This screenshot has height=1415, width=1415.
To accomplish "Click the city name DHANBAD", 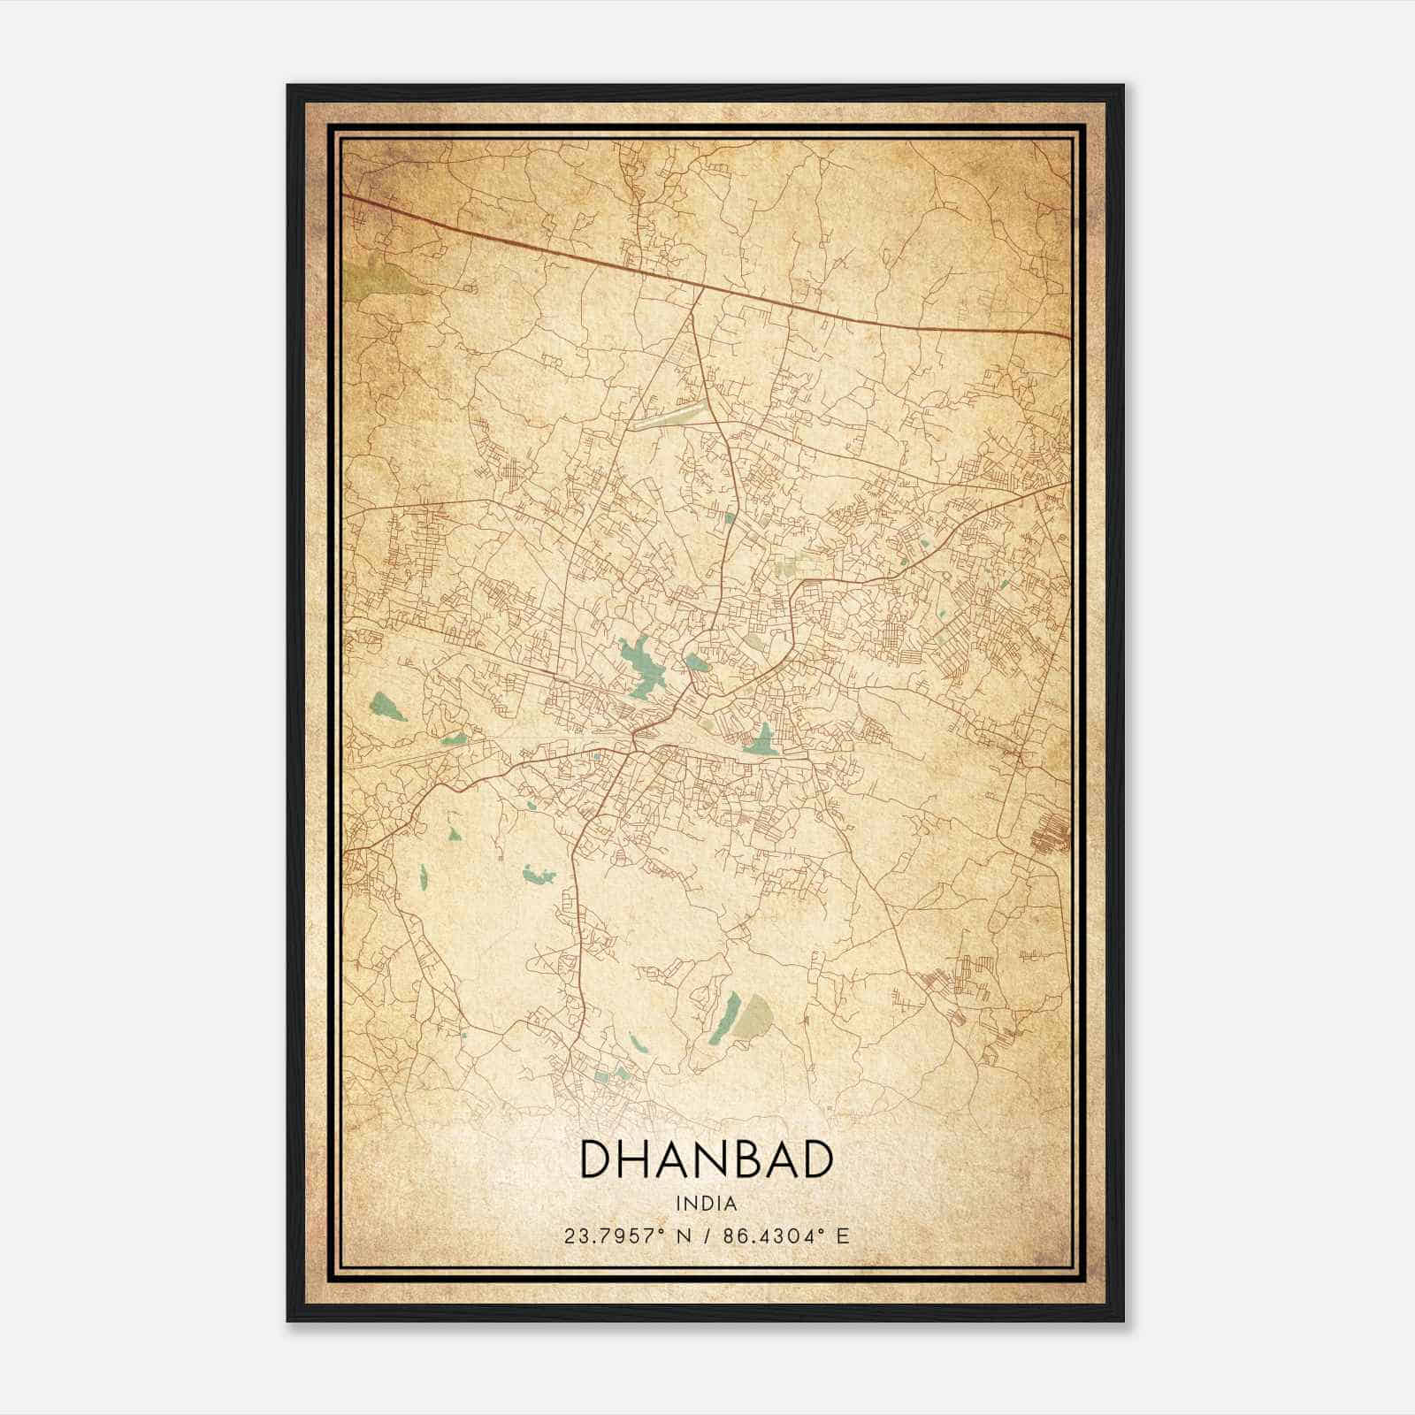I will (x=706, y=1159).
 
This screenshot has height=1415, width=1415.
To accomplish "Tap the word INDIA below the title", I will (x=706, y=1204).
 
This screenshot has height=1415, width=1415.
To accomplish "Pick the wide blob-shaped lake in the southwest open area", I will (x=539, y=876).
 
